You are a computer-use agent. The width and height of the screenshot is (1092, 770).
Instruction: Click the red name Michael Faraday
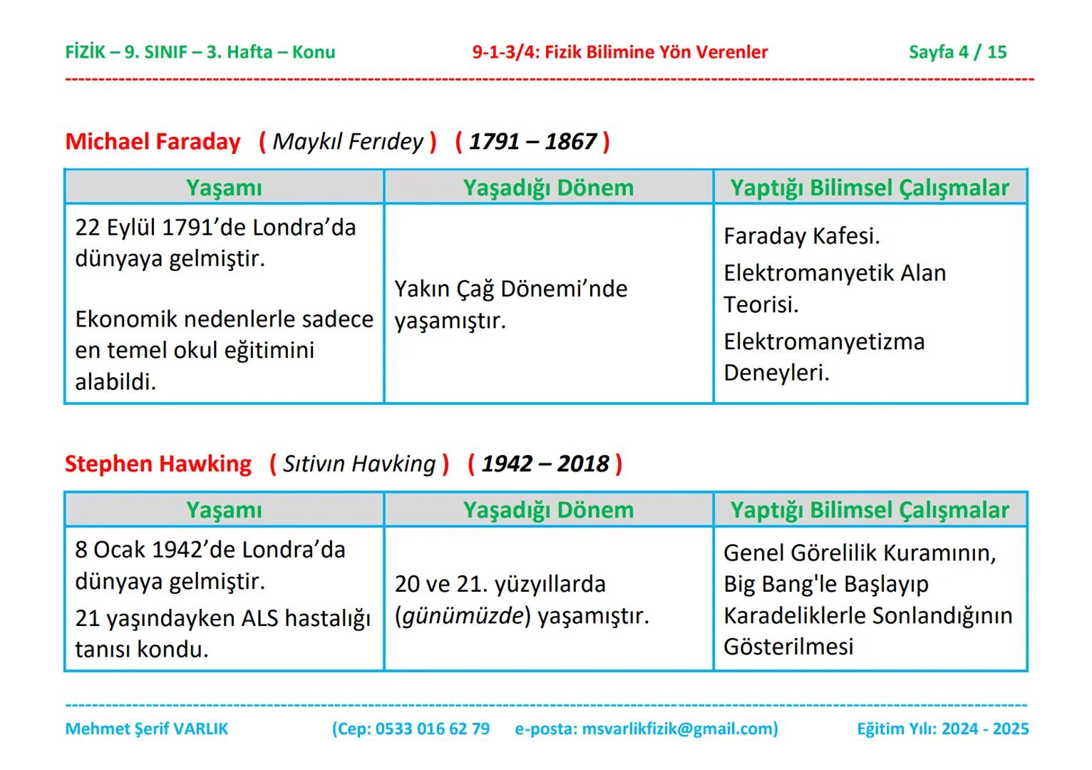[x=153, y=141]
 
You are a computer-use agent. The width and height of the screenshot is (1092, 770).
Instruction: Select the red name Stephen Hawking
[x=158, y=464]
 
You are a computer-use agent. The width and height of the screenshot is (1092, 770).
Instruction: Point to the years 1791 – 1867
[x=532, y=141]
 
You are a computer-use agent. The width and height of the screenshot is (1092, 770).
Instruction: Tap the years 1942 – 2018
[x=545, y=464]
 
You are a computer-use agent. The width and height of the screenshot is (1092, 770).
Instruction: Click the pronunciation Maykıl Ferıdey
[x=348, y=141]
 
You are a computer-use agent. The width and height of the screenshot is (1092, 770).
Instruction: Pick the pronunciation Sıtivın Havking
[x=359, y=464]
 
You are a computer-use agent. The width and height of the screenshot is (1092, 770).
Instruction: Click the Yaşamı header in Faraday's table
[x=224, y=188]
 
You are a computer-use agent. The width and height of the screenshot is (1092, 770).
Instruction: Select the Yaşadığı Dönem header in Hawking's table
[x=548, y=510]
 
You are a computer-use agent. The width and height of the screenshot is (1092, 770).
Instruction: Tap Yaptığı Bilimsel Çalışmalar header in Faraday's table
[x=870, y=188]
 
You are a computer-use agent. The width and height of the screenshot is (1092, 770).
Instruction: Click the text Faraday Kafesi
[x=802, y=236]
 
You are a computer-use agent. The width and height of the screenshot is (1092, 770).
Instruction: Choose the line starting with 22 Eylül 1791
[x=215, y=227]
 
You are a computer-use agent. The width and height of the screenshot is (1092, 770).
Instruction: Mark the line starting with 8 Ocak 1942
[x=210, y=550]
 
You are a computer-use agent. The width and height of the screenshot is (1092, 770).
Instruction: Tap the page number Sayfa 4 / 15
[x=957, y=52]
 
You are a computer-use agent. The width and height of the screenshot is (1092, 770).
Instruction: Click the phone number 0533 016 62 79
[x=432, y=729]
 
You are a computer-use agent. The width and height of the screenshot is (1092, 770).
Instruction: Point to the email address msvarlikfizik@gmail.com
[x=678, y=729]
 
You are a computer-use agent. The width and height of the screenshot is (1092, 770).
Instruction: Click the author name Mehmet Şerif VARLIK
[x=147, y=729]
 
